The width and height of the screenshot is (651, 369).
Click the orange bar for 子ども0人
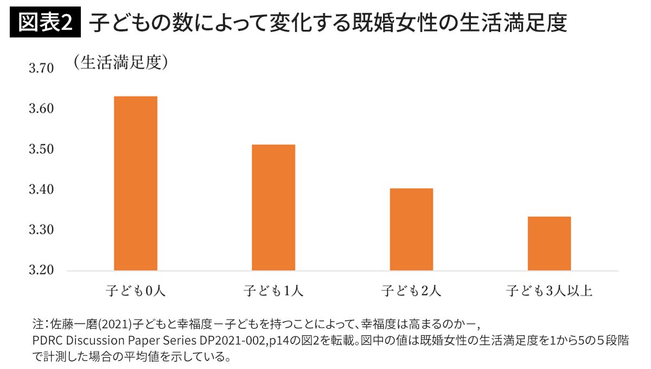[135, 183]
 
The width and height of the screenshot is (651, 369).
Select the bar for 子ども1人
[273, 207]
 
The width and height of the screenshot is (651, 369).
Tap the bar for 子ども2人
[411, 229]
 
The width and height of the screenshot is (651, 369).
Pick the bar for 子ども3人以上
[549, 243]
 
